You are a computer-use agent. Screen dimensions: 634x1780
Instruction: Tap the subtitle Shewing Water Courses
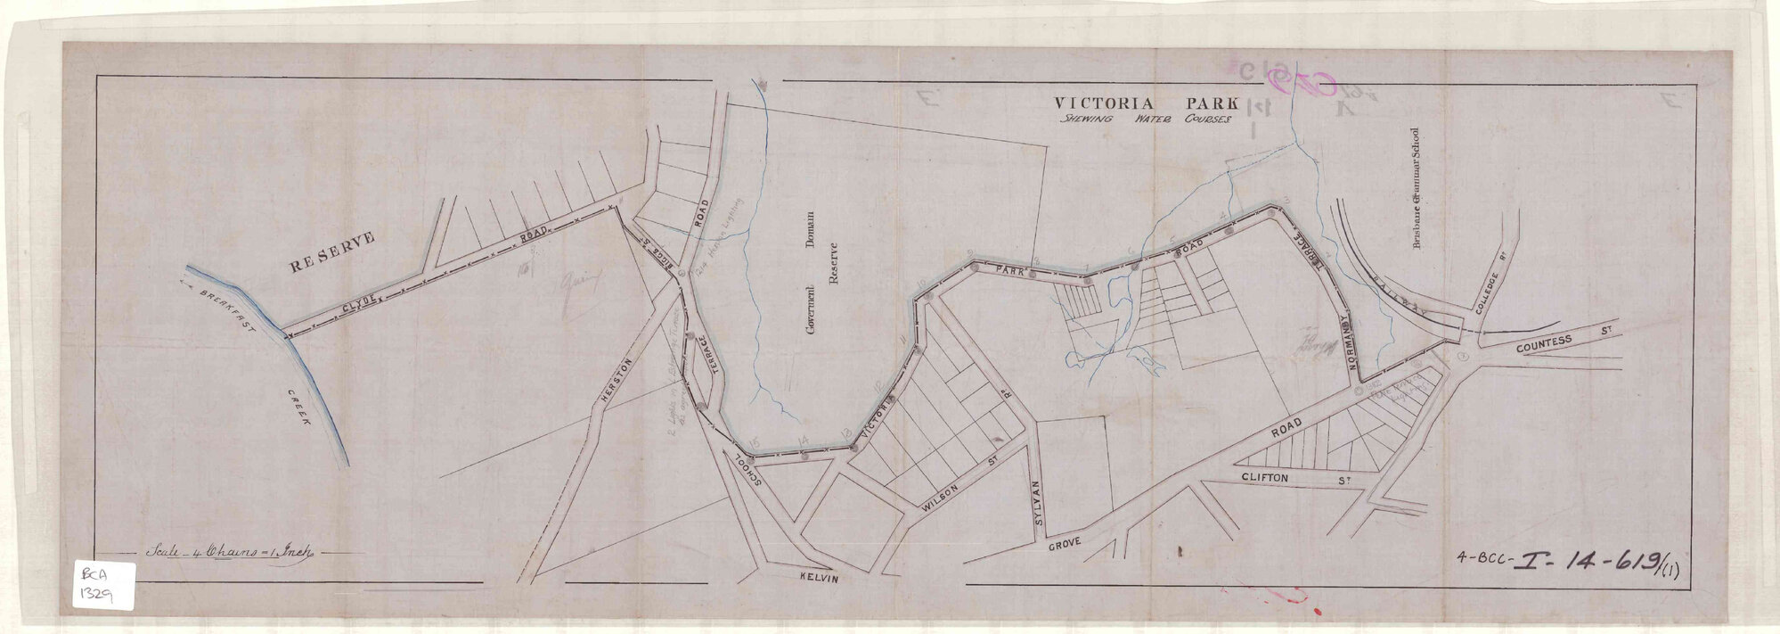pos(1140,119)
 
